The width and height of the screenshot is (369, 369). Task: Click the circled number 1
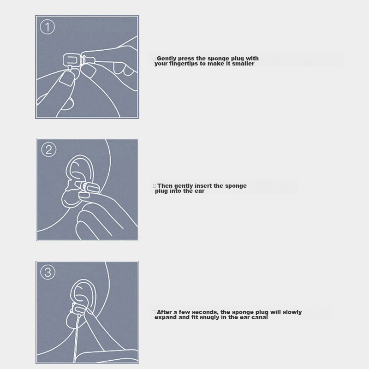click(x=48, y=27)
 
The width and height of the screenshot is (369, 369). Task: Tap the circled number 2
click(x=49, y=149)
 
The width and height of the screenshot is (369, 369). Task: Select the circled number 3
click(x=48, y=272)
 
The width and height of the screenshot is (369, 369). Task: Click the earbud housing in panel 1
click(x=71, y=60)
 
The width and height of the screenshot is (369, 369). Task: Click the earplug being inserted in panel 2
click(x=89, y=188)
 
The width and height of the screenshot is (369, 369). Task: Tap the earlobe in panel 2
click(x=70, y=199)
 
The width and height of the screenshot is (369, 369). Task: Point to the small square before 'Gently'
click(x=154, y=59)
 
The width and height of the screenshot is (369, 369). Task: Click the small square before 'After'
click(x=154, y=312)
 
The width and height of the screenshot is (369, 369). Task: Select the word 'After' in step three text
click(x=164, y=312)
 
